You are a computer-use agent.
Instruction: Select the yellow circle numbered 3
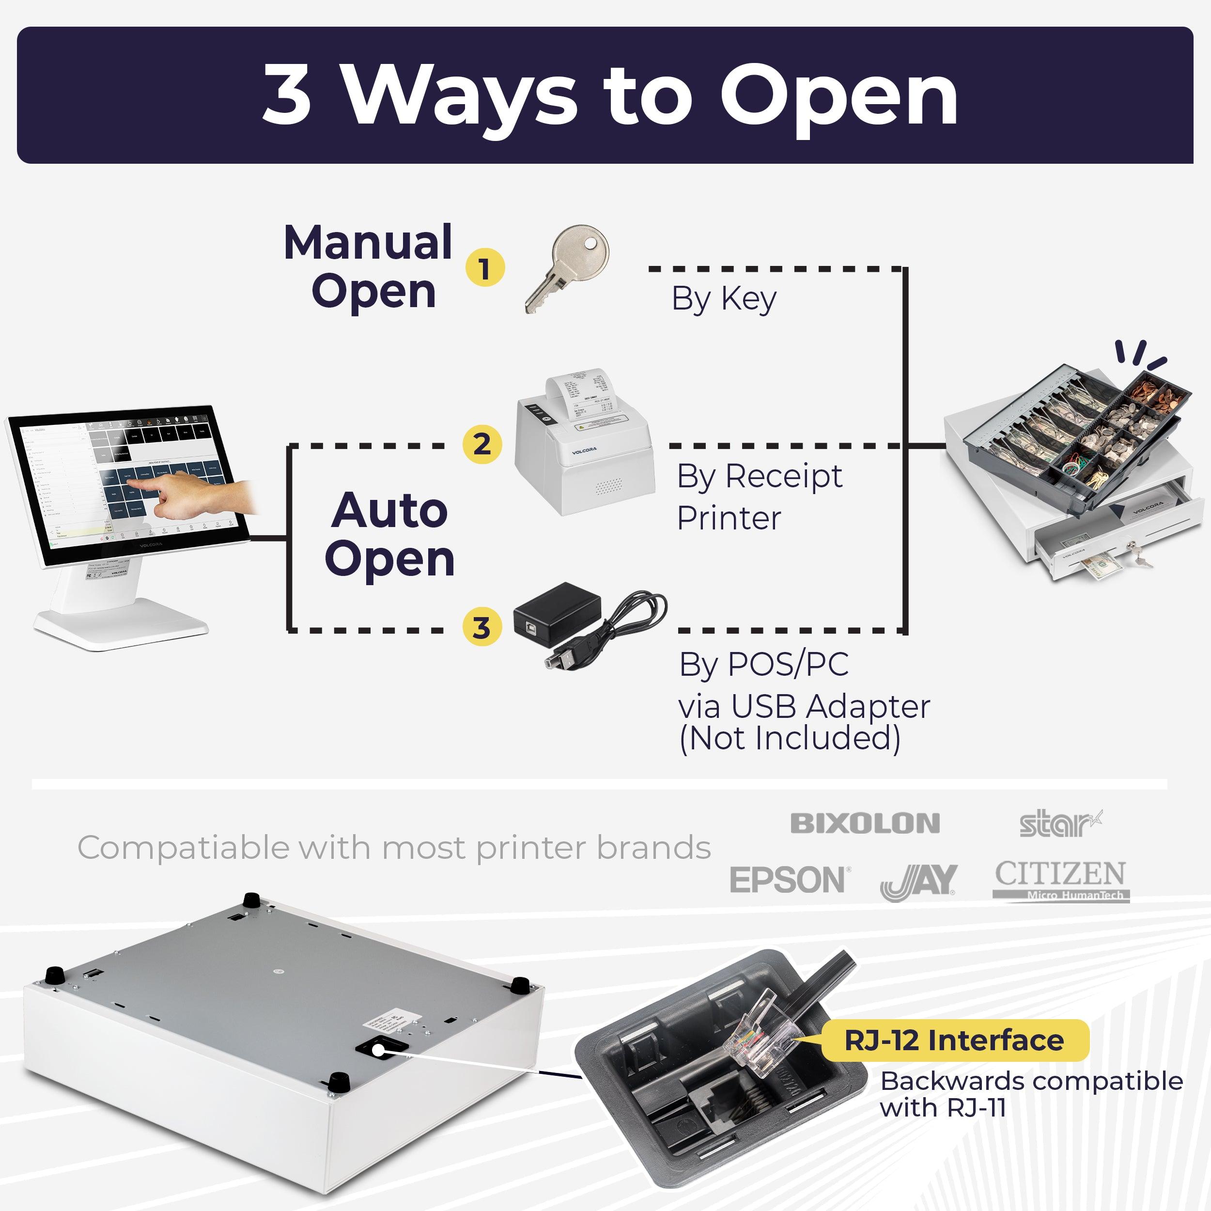tap(481, 627)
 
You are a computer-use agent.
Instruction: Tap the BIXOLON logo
tap(865, 823)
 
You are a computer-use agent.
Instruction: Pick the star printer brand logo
tap(1060, 824)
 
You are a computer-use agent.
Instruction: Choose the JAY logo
tap(918, 881)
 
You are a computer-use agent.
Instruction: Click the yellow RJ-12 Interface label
tap(954, 1040)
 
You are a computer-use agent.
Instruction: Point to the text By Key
tap(724, 298)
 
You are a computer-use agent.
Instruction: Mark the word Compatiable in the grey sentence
tap(183, 848)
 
